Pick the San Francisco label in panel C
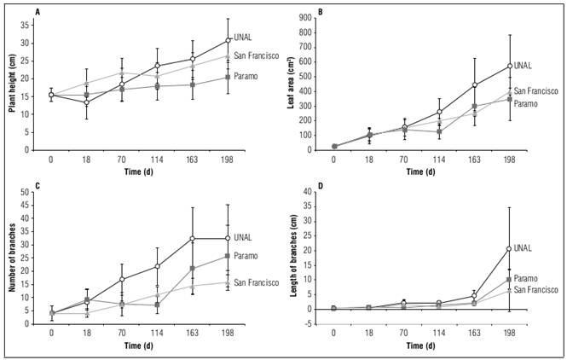pyautogui.click(x=257, y=283)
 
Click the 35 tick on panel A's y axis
pyautogui.click(x=33, y=26)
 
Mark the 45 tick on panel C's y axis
pyautogui.click(x=33, y=205)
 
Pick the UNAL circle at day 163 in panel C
pyautogui.click(x=194, y=239)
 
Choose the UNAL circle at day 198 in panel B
pyautogui.click(x=510, y=66)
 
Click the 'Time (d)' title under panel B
pyautogui.click(x=422, y=171)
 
